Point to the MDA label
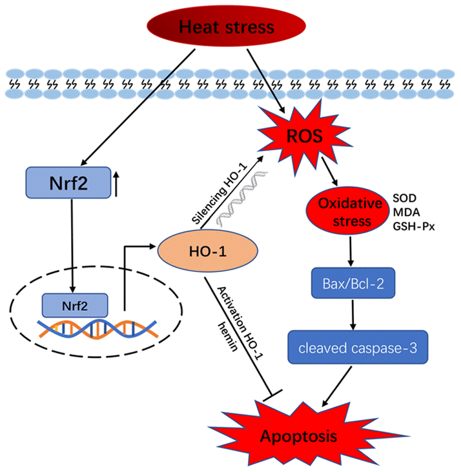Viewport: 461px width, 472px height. pyautogui.click(x=404, y=213)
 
